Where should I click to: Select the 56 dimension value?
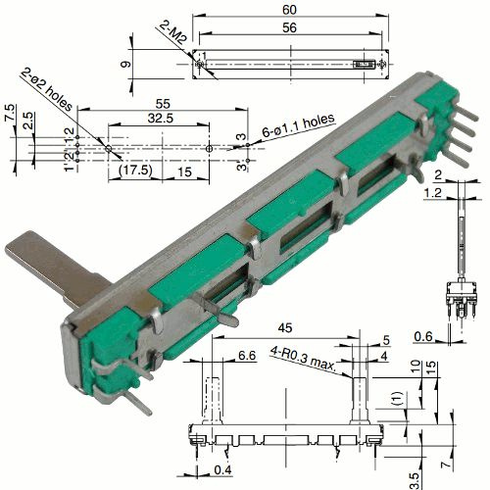pos(289,29)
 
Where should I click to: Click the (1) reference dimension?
pos(393,400)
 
